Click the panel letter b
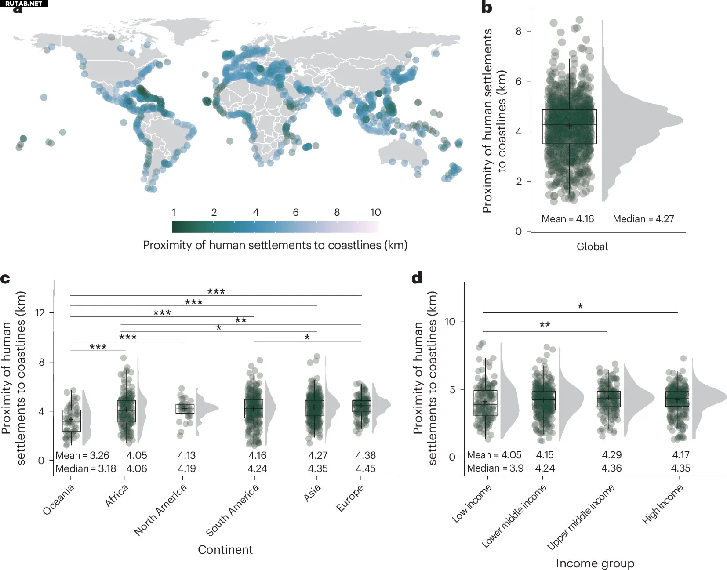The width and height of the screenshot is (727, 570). pos(487,7)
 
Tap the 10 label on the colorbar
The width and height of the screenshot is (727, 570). pos(375,213)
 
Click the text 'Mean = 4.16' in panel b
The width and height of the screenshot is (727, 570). pos(567,219)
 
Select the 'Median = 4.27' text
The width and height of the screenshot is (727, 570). pos(643,219)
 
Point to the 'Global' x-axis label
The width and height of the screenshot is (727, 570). pos(592,247)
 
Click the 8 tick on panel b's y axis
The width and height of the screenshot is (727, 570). pos(519,31)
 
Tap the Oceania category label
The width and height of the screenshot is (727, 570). pos(58,499)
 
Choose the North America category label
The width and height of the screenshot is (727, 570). pos(160,510)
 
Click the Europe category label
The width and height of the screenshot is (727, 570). pos(350,498)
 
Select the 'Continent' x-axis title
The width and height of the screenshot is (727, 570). pos(225,550)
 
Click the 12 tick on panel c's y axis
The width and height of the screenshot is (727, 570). pos(40,313)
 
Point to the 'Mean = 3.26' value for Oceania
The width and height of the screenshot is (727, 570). pos(82,456)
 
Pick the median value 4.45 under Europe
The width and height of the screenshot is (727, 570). pos(366,469)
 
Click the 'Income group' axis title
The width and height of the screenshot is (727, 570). pos(595,563)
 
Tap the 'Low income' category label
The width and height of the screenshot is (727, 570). pos(471,504)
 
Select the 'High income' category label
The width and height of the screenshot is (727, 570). pos(662,504)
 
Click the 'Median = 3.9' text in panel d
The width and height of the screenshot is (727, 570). pos(495,468)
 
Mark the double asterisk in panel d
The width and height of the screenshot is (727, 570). pos(545,325)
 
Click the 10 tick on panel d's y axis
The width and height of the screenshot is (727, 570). pos(450,322)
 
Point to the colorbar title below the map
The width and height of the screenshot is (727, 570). pos(275,245)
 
